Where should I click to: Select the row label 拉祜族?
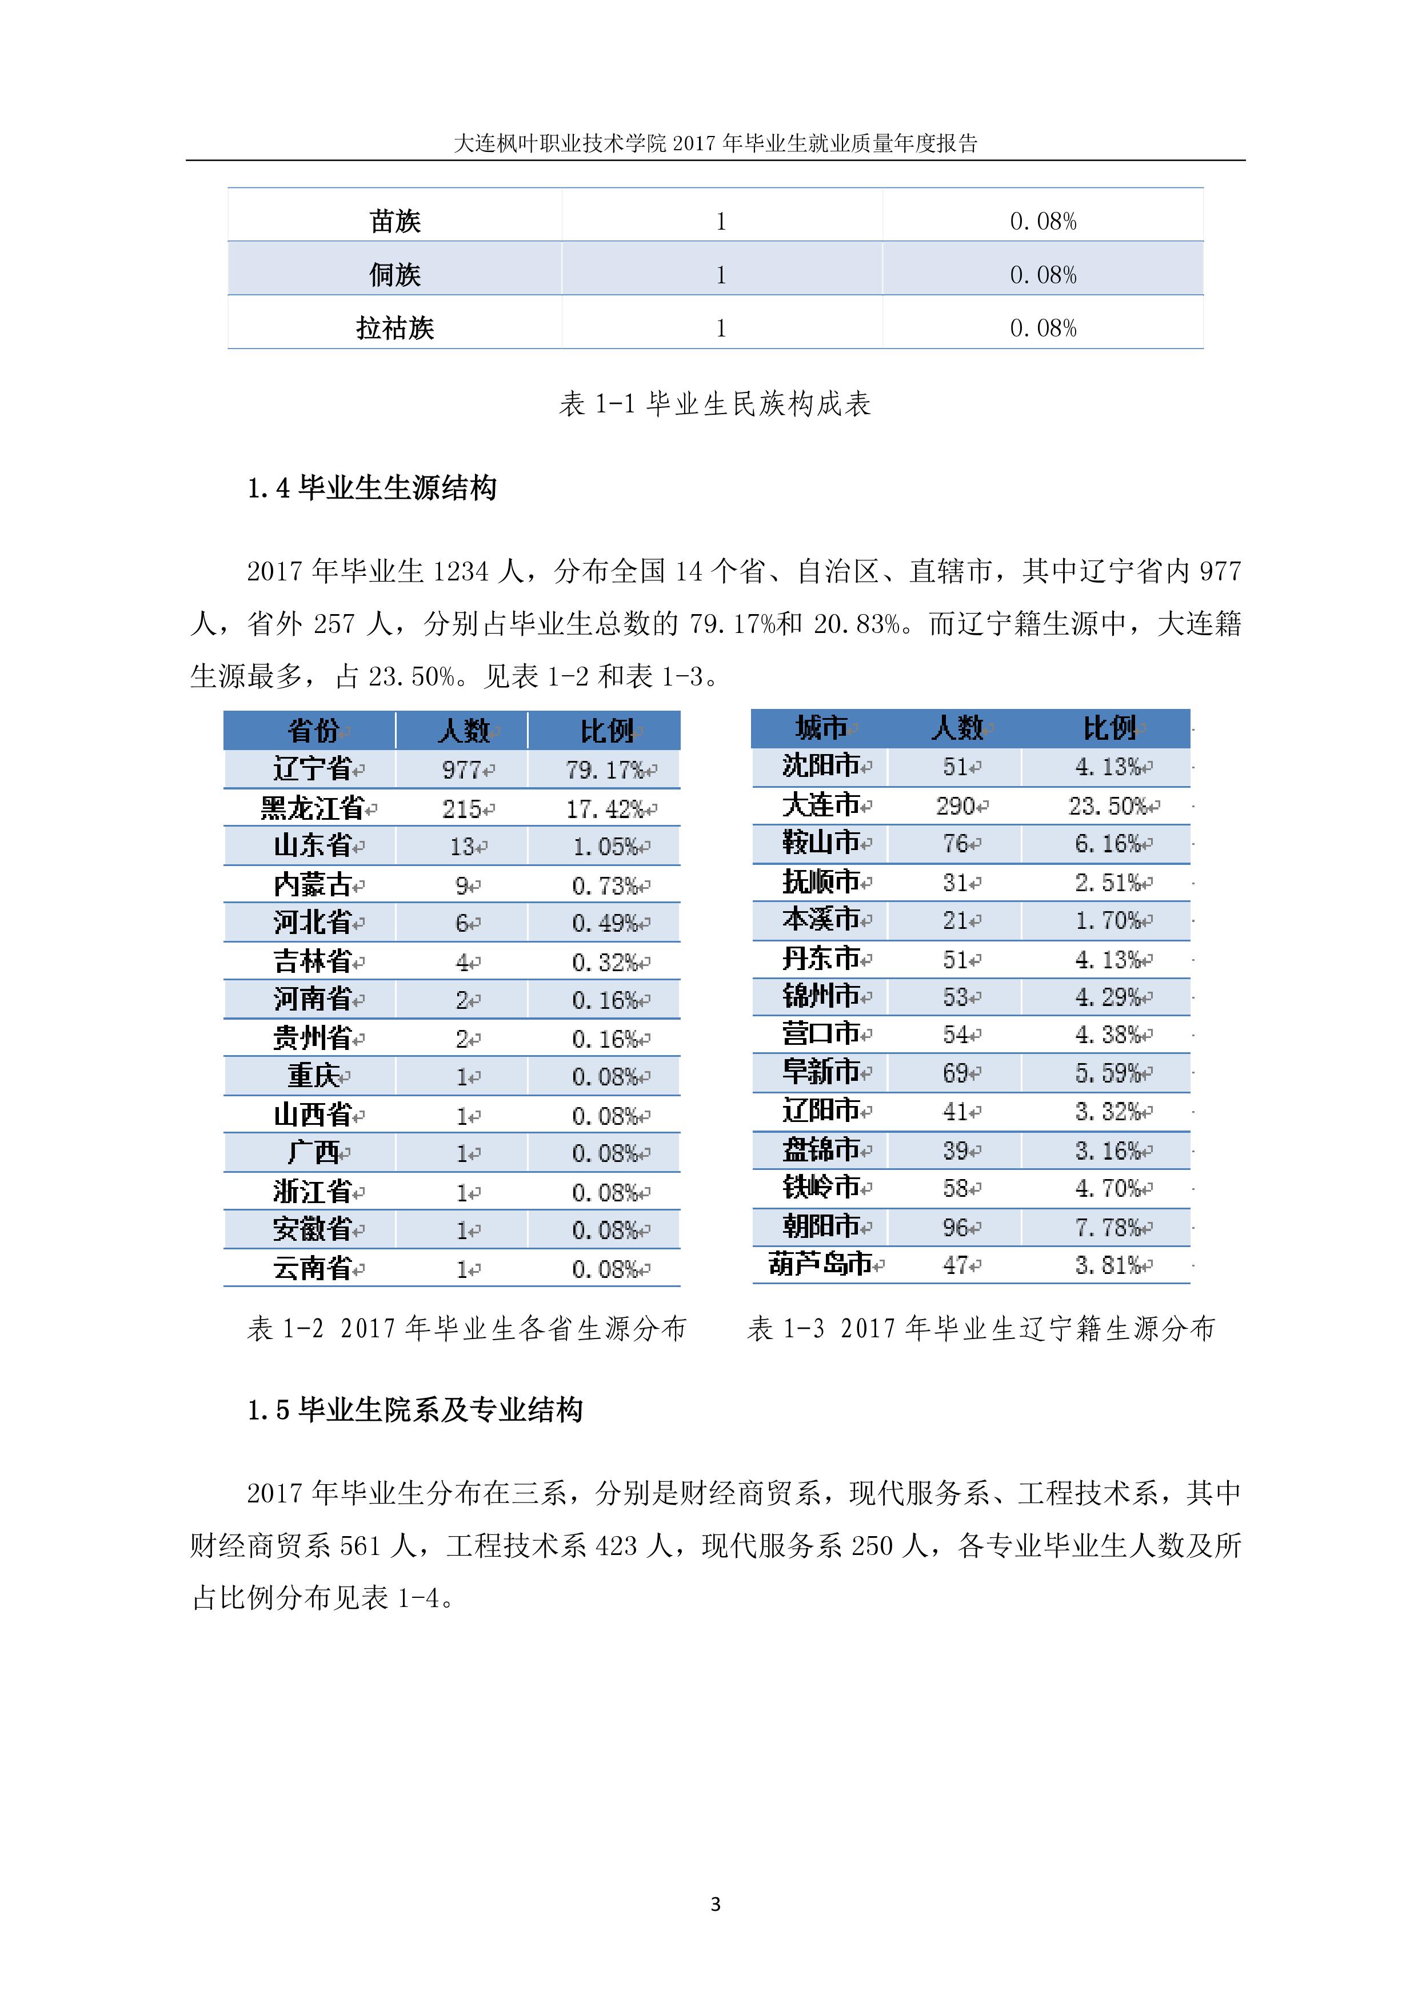tap(395, 328)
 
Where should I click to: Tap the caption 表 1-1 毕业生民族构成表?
tap(714, 403)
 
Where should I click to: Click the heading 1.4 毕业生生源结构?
tap(372, 488)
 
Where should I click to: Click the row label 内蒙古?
tap(313, 885)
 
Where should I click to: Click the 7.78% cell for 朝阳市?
tap(1108, 1227)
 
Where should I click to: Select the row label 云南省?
tap(313, 1268)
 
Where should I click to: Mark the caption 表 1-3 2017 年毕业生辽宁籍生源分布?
tap(981, 1328)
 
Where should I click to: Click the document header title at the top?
tap(715, 143)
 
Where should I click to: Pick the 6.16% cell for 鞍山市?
tap(1108, 844)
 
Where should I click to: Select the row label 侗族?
tap(395, 275)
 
